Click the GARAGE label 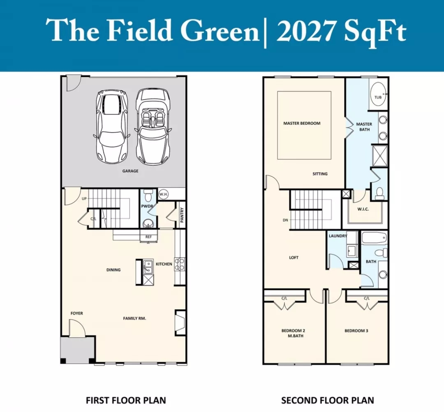click(x=130, y=171)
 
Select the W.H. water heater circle click(x=163, y=195)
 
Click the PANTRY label click(x=182, y=215)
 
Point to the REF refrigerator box click(x=149, y=237)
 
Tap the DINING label click(x=113, y=270)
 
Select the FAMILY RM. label click(x=134, y=318)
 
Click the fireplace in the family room click(x=180, y=323)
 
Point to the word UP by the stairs click(x=84, y=199)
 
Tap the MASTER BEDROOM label click(x=302, y=123)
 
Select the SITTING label click(x=320, y=174)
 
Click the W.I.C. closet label click(x=363, y=209)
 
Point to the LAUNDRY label click(x=338, y=236)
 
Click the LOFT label click(x=294, y=257)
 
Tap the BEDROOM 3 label click(x=356, y=331)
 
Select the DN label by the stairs click(x=285, y=220)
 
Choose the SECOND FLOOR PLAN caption click(x=327, y=401)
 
